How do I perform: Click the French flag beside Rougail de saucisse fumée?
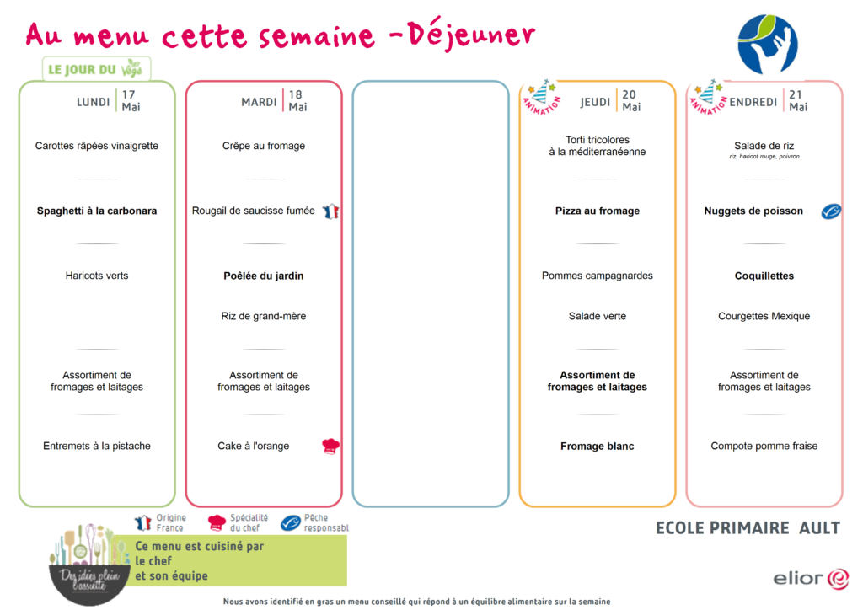(x=330, y=211)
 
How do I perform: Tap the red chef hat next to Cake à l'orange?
(x=330, y=446)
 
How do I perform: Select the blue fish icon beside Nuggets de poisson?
(x=831, y=211)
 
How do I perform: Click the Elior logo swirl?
(x=838, y=579)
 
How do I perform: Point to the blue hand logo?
(x=767, y=45)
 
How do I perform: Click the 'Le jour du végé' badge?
(x=96, y=69)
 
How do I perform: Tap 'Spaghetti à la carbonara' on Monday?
(x=97, y=211)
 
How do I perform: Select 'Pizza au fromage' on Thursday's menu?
(x=598, y=211)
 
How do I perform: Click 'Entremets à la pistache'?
(x=97, y=446)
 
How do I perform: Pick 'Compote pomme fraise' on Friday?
(x=764, y=446)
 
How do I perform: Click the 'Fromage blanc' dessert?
(x=598, y=446)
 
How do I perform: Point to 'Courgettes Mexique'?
(x=764, y=316)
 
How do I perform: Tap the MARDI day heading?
(x=259, y=102)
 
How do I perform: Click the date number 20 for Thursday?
(x=629, y=94)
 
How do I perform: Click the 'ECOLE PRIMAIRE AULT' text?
(x=748, y=528)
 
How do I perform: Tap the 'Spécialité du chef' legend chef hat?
(x=217, y=522)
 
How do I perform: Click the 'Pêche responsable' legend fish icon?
(x=291, y=522)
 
